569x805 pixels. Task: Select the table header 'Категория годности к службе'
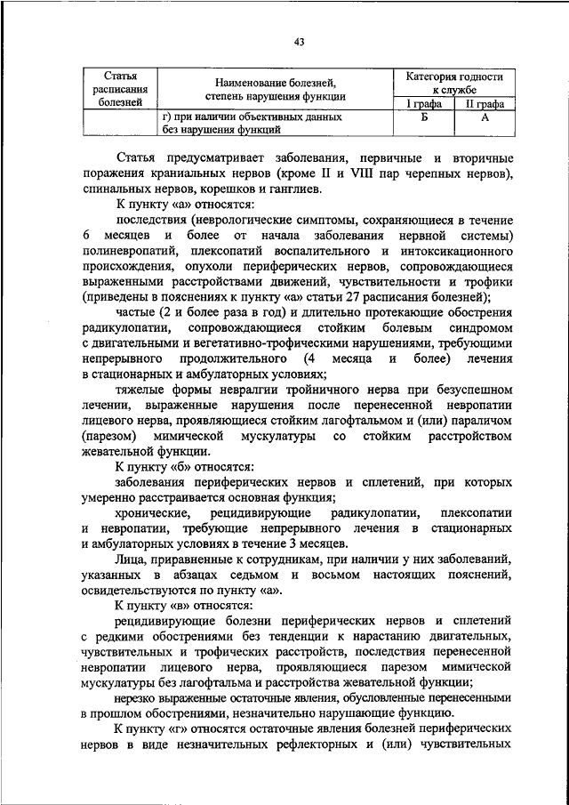pyautogui.click(x=448, y=84)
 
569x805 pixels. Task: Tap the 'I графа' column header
pyautogui.click(x=424, y=105)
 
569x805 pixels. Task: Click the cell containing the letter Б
pyautogui.click(x=424, y=117)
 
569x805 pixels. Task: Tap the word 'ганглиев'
pyautogui.click(x=310, y=189)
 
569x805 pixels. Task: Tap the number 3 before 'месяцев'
pyautogui.click(x=286, y=543)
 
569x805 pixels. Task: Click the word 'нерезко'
pyautogui.click(x=139, y=697)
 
